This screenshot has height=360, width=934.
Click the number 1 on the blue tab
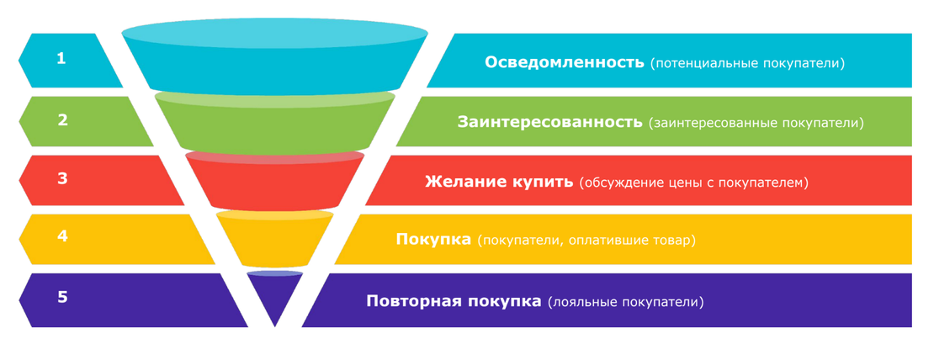61,58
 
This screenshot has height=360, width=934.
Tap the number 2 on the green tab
62,119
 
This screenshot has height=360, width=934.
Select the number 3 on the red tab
62,179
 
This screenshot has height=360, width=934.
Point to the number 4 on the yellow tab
62,236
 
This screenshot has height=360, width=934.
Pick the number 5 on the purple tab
62,297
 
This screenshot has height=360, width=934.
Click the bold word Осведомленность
565,62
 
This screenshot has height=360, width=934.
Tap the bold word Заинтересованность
549,123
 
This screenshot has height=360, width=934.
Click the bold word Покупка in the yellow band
433,240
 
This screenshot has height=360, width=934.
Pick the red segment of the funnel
274,182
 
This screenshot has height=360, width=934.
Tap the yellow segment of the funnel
274,239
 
